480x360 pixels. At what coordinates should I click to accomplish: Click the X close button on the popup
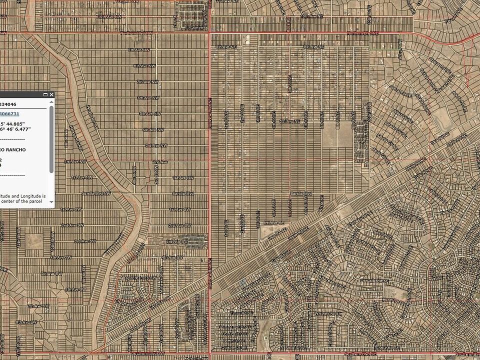tap(51, 94)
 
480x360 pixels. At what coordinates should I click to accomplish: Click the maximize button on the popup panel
tap(45, 94)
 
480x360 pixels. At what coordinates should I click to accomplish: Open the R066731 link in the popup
tap(10, 114)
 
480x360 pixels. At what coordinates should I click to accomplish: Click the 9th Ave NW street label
tap(138, 50)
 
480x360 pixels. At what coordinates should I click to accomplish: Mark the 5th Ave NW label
tap(148, 113)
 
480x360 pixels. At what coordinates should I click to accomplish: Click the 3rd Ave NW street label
tap(156, 145)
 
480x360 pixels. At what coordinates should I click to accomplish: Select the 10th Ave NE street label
tap(312, 16)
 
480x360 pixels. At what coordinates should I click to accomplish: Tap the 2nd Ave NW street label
tap(75, 161)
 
